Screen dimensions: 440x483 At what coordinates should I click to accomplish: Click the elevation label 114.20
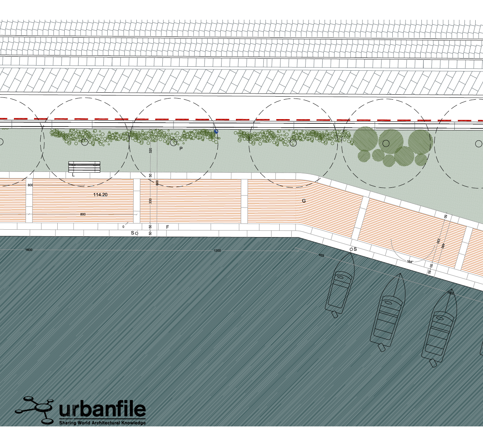(x=100, y=195)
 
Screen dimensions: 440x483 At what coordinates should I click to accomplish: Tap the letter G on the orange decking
(x=304, y=201)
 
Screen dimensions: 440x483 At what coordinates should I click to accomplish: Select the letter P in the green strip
(x=181, y=149)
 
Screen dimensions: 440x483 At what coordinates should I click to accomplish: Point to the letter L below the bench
(x=73, y=175)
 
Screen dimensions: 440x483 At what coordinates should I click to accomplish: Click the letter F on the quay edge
(x=167, y=227)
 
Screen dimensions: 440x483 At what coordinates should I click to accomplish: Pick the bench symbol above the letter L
(x=84, y=167)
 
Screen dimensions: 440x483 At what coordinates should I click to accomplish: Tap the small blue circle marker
(x=216, y=132)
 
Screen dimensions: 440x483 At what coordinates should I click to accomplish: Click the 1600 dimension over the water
(x=29, y=250)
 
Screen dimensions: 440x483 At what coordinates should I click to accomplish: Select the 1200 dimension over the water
(x=217, y=251)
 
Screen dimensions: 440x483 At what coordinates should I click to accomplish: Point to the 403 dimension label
(x=321, y=255)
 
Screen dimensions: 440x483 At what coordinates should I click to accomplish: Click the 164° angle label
(x=410, y=262)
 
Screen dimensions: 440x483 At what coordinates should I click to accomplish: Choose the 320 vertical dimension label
(x=151, y=150)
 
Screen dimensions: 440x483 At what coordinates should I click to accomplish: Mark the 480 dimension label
(x=443, y=245)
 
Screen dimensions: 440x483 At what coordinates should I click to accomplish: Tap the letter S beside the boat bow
(x=355, y=249)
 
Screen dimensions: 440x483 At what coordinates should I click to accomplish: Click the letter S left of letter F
(x=132, y=233)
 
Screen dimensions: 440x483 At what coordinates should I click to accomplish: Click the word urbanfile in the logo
(x=102, y=410)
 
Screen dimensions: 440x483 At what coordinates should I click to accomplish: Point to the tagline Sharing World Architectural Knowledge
(x=102, y=423)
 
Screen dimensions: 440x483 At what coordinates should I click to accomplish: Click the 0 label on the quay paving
(x=124, y=227)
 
